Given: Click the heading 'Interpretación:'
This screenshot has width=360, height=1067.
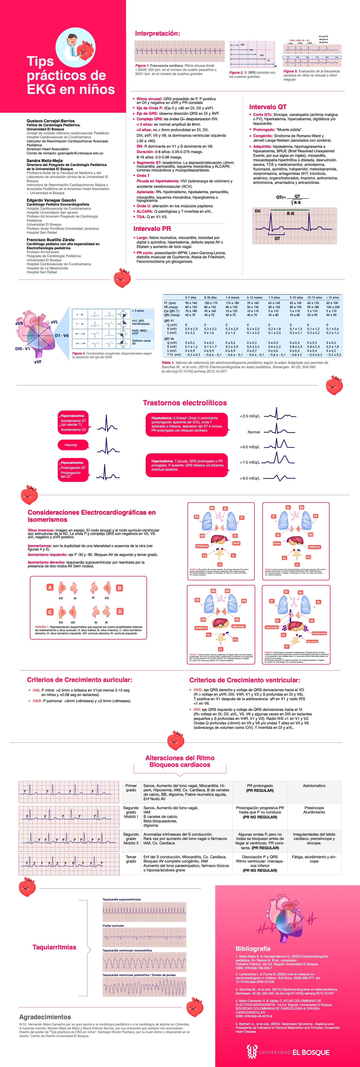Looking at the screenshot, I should click(157, 34).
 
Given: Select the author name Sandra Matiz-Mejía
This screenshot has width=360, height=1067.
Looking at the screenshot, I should click(45, 160).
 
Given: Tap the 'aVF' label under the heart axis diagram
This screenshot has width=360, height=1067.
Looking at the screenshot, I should click(38, 362).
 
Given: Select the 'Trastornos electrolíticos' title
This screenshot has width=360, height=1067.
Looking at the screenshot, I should click(185, 403).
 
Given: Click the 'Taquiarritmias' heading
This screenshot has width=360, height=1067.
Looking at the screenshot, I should click(54, 947).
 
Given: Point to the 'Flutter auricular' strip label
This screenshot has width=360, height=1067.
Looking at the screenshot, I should click(113, 925).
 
